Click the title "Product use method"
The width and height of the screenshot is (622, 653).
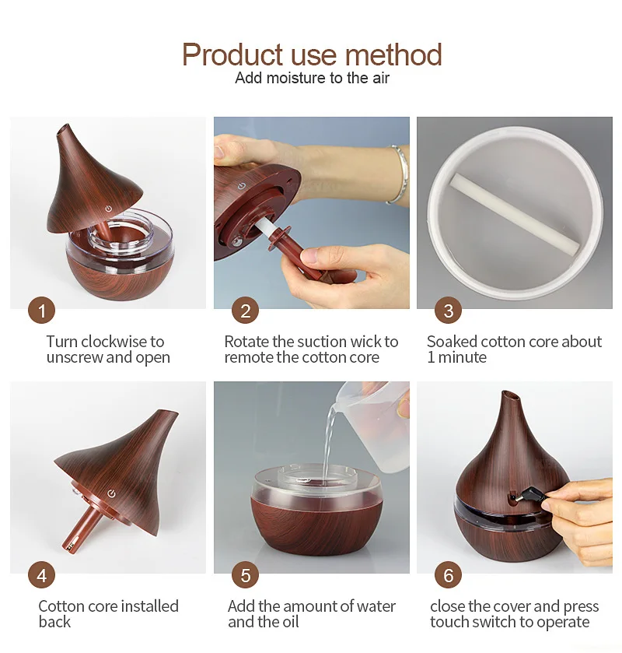[312, 54]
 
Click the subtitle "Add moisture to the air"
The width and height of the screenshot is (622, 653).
[312, 78]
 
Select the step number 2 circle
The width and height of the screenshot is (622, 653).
[245, 311]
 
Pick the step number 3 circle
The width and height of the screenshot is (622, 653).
[448, 311]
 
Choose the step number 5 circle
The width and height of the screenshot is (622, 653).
[245, 576]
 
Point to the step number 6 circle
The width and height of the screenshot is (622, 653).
[448, 576]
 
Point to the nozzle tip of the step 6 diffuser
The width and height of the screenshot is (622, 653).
[507, 396]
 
